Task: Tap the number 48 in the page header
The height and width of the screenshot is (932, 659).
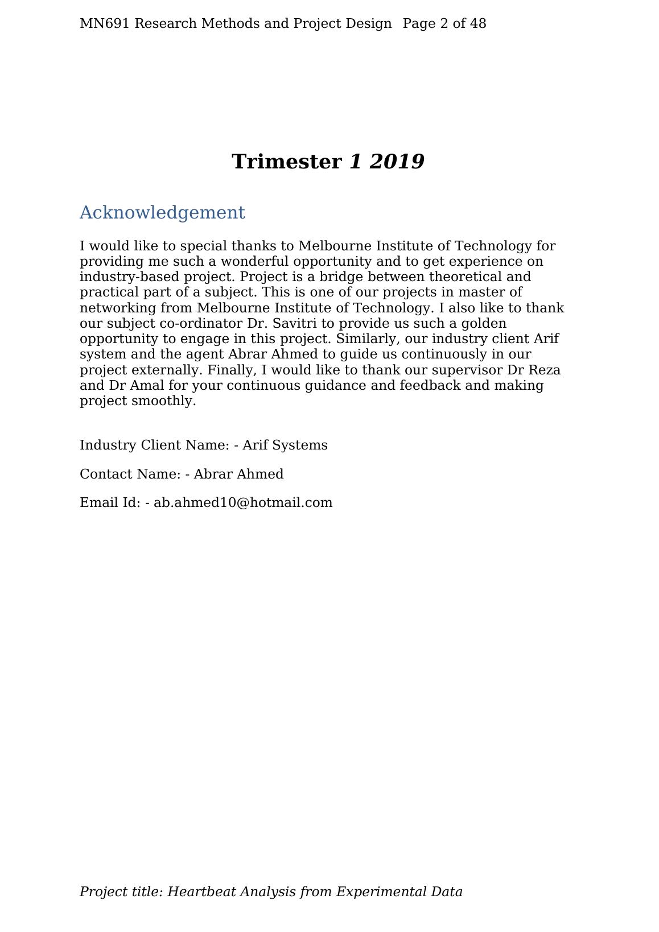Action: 479,24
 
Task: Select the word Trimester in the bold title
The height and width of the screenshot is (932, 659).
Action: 286,162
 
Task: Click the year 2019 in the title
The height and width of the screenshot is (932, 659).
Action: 397,162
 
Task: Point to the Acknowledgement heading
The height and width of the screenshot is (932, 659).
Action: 162,213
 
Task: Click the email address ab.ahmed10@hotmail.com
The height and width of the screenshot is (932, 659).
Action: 243,503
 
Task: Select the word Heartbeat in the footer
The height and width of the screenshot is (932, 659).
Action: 202,892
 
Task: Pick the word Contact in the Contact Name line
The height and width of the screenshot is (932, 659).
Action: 104,475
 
